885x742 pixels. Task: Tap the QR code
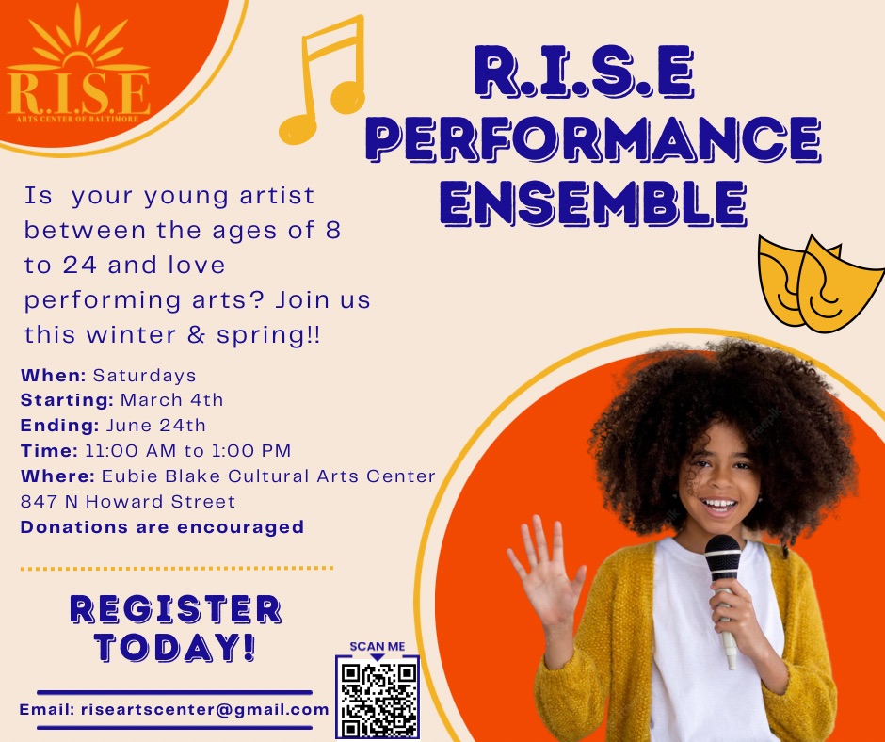(x=378, y=698)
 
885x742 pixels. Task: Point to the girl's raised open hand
(x=545, y=571)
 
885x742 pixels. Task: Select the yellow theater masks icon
(x=820, y=283)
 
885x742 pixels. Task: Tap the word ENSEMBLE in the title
(x=593, y=203)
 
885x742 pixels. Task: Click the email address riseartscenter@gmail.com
(x=205, y=709)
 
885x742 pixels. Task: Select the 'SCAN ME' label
(x=377, y=647)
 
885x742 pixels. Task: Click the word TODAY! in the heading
(x=175, y=647)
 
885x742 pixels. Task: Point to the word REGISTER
(x=175, y=609)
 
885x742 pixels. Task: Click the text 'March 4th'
(x=171, y=400)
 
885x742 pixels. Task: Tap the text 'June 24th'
(x=155, y=425)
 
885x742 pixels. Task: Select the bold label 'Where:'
(x=57, y=476)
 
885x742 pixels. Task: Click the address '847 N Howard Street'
(x=127, y=502)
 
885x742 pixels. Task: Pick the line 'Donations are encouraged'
(x=162, y=527)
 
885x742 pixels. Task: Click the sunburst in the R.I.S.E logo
(x=78, y=40)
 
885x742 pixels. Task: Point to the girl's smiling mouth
(x=718, y=505)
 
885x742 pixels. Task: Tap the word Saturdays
(x=144, y=376)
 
